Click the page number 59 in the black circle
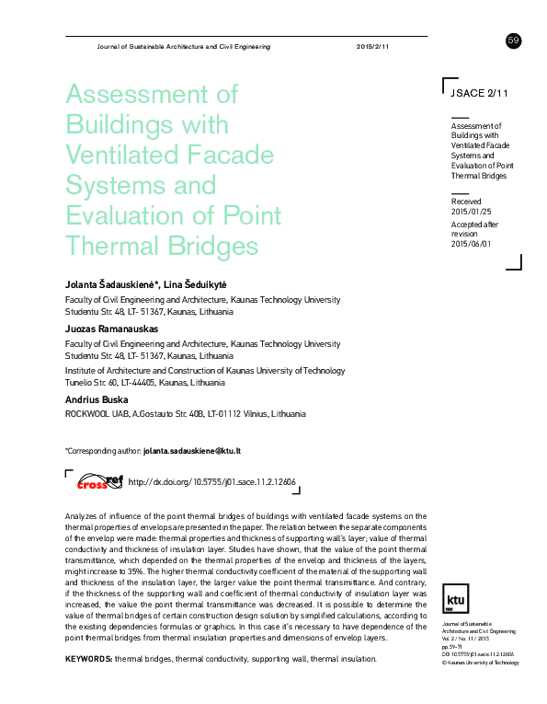click(x=513, y=40)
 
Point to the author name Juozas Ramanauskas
click(x=110, y=329)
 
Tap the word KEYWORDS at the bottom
click(x=88, y=660)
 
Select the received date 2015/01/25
click(x=472, y=211)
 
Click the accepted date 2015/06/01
click(x=472, y=244)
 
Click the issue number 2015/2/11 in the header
click(x=372, y=46)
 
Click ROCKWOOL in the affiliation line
click(x=86, y=414)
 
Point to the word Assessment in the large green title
click(x=151, y=93)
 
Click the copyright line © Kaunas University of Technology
click(x=481, y=661)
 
